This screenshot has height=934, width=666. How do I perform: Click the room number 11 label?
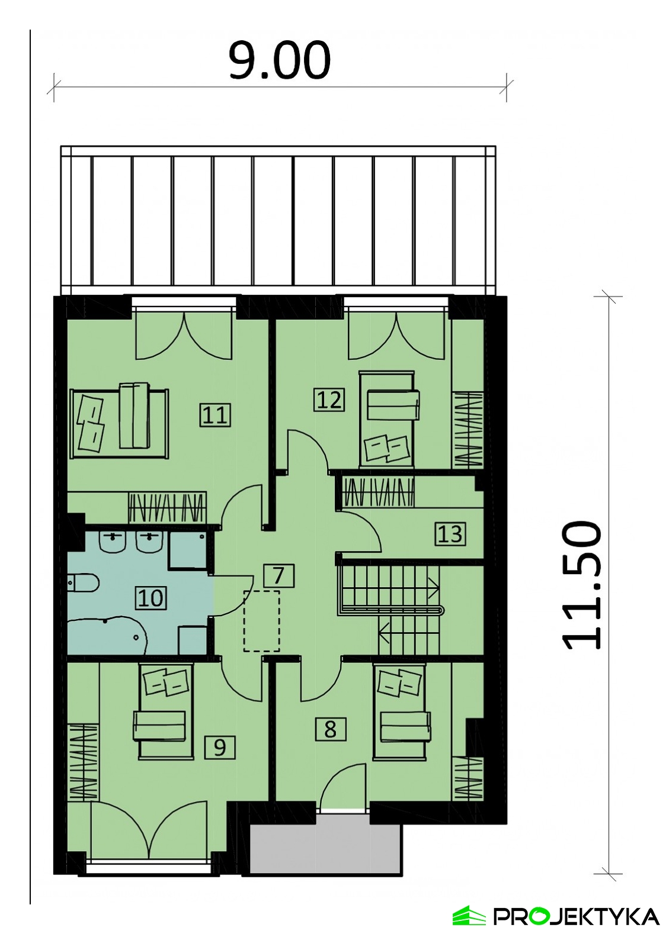215,415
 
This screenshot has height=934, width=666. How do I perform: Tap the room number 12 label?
329,400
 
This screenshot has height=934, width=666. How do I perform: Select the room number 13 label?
451,534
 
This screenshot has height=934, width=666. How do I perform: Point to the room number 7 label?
278,576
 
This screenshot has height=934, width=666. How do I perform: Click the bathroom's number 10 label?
151,599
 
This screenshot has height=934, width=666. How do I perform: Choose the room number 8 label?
330,729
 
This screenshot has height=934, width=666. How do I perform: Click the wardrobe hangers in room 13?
378,492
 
